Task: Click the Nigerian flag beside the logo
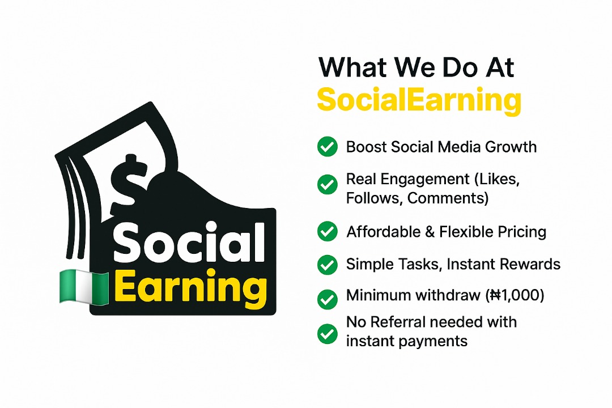click(84, 287)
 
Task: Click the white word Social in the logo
click(189, 242)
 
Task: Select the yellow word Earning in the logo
click(190, 287)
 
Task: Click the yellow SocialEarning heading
click(419, 100)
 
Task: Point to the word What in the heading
click(352, 67)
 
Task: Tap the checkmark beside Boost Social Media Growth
click(328, 147)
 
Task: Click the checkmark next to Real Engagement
click(328, 185)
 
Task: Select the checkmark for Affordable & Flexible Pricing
click(328, 232)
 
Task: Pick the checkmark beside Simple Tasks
click(328, 265)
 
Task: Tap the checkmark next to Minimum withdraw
click(328, 299)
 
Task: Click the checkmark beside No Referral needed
click(328, 334)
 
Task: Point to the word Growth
click(511, 147)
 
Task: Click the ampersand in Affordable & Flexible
click(430, 232)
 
